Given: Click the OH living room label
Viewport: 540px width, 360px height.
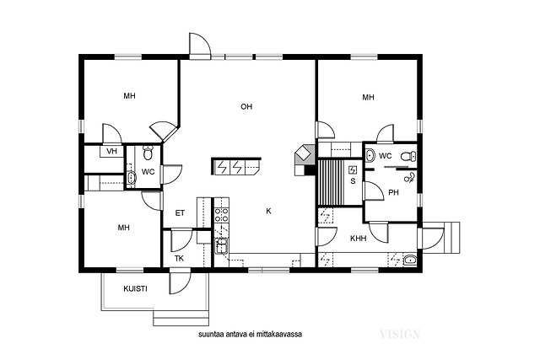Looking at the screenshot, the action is (246, 107).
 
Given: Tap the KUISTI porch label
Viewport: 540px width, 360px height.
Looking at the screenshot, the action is (135, 288).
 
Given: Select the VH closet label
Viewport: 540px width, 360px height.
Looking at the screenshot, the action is (111, 151).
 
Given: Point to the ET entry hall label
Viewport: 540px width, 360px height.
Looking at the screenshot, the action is (180, 213).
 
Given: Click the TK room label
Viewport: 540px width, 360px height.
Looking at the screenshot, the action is (179, 259).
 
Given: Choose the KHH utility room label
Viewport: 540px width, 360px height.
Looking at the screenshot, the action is (358, 238).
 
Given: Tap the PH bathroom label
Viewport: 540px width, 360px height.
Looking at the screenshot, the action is (393, 193).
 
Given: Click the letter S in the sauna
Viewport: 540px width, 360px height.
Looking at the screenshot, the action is (353, 181).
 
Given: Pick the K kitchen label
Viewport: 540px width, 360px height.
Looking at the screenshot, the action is (268, 211).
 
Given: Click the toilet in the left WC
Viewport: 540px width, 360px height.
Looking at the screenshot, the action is (148, 153).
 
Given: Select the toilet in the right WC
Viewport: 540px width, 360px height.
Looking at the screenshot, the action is (408, 157).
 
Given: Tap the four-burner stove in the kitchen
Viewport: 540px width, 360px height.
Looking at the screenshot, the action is (221, 214).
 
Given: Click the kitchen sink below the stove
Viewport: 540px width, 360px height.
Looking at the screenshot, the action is (220, 245).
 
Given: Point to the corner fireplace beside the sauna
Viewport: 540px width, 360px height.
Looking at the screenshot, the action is (304, 154).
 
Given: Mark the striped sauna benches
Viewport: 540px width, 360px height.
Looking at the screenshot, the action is (331, 182).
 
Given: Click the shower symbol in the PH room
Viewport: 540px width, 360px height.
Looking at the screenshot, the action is (409, 178).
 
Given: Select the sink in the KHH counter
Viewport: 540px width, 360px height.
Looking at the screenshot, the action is (410, 260).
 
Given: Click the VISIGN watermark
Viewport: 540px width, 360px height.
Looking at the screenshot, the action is (400, 334).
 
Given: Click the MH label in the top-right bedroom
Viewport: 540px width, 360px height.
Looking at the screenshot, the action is (368, 98).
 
